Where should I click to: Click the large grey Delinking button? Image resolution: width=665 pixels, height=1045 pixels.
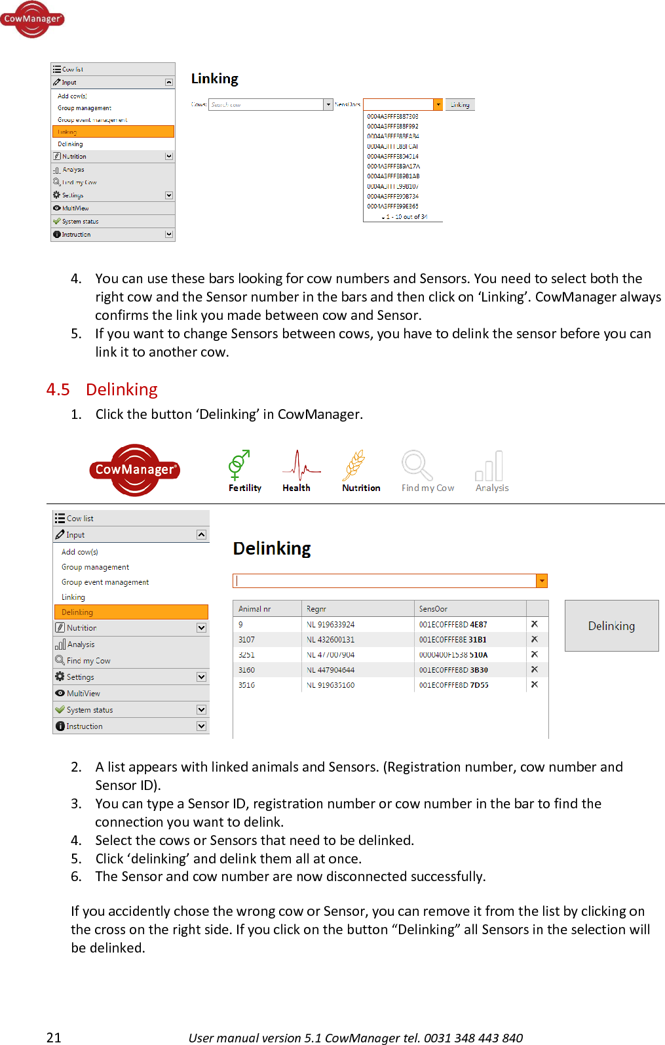point(611,625)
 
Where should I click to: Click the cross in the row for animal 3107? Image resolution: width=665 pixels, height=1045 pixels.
point(535,639)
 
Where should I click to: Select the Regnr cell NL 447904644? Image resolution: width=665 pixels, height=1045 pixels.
point(331,670)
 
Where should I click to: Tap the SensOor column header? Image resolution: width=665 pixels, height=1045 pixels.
point(433,609)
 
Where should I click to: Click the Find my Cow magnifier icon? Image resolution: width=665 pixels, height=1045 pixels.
point(417,465)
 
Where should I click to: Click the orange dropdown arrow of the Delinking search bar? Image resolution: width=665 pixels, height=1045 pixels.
point(541,581)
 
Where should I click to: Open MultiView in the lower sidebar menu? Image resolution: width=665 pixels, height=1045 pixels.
point(83,694)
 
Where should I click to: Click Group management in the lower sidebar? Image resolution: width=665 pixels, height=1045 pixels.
point(95,567)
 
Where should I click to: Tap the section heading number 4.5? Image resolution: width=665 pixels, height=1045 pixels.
point(58,389)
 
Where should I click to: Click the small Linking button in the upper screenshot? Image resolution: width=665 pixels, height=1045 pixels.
point(460,105)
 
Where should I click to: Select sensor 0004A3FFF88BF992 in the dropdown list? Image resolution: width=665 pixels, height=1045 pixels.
point(392,127)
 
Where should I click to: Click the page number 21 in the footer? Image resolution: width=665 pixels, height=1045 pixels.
point(54,1037)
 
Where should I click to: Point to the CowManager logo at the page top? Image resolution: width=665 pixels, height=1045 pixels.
point(31,19)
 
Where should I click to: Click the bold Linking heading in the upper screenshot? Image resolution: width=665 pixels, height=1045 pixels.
point(214,79)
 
